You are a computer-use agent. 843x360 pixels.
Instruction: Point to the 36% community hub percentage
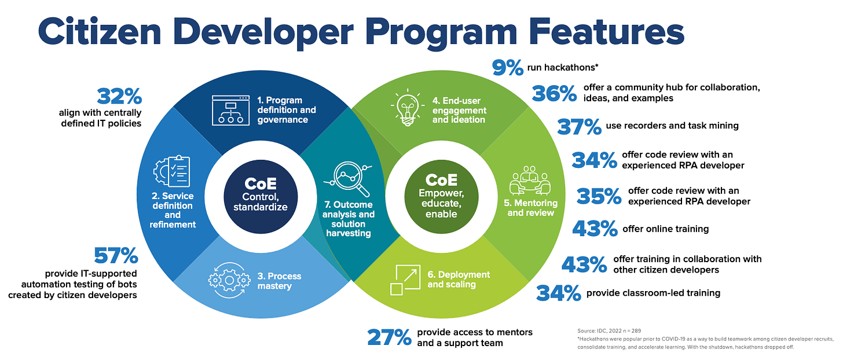coord(555,93)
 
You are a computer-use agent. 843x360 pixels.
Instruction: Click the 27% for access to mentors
coord(389,337)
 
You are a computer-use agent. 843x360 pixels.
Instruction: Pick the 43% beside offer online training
coord(595,229)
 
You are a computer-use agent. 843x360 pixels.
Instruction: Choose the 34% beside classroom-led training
coord(559,293)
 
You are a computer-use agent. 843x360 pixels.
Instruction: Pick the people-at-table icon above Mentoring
coord(530,181)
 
